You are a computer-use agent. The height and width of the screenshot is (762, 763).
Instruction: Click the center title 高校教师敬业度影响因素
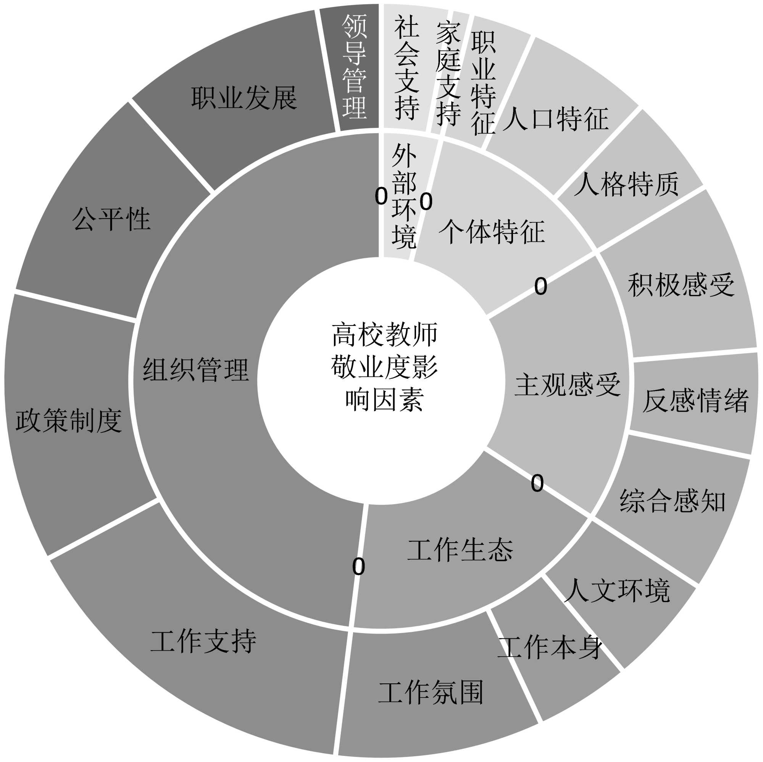(x=384, y=367)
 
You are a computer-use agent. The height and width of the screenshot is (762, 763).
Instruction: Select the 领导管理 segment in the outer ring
(x=354, y=67)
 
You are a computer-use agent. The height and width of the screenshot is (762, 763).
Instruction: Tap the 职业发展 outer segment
(x=244, y=98)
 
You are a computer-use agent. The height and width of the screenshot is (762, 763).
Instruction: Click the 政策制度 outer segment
(x=69, y=420)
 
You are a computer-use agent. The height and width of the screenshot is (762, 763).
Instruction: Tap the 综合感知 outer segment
(x=673, y=501)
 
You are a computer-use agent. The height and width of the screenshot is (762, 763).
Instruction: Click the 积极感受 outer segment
(x=681, y=285)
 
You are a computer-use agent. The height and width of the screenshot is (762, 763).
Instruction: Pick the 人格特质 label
(x=626, y=184)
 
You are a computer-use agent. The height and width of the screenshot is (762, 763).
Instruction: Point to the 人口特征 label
(x=555, y=119)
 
